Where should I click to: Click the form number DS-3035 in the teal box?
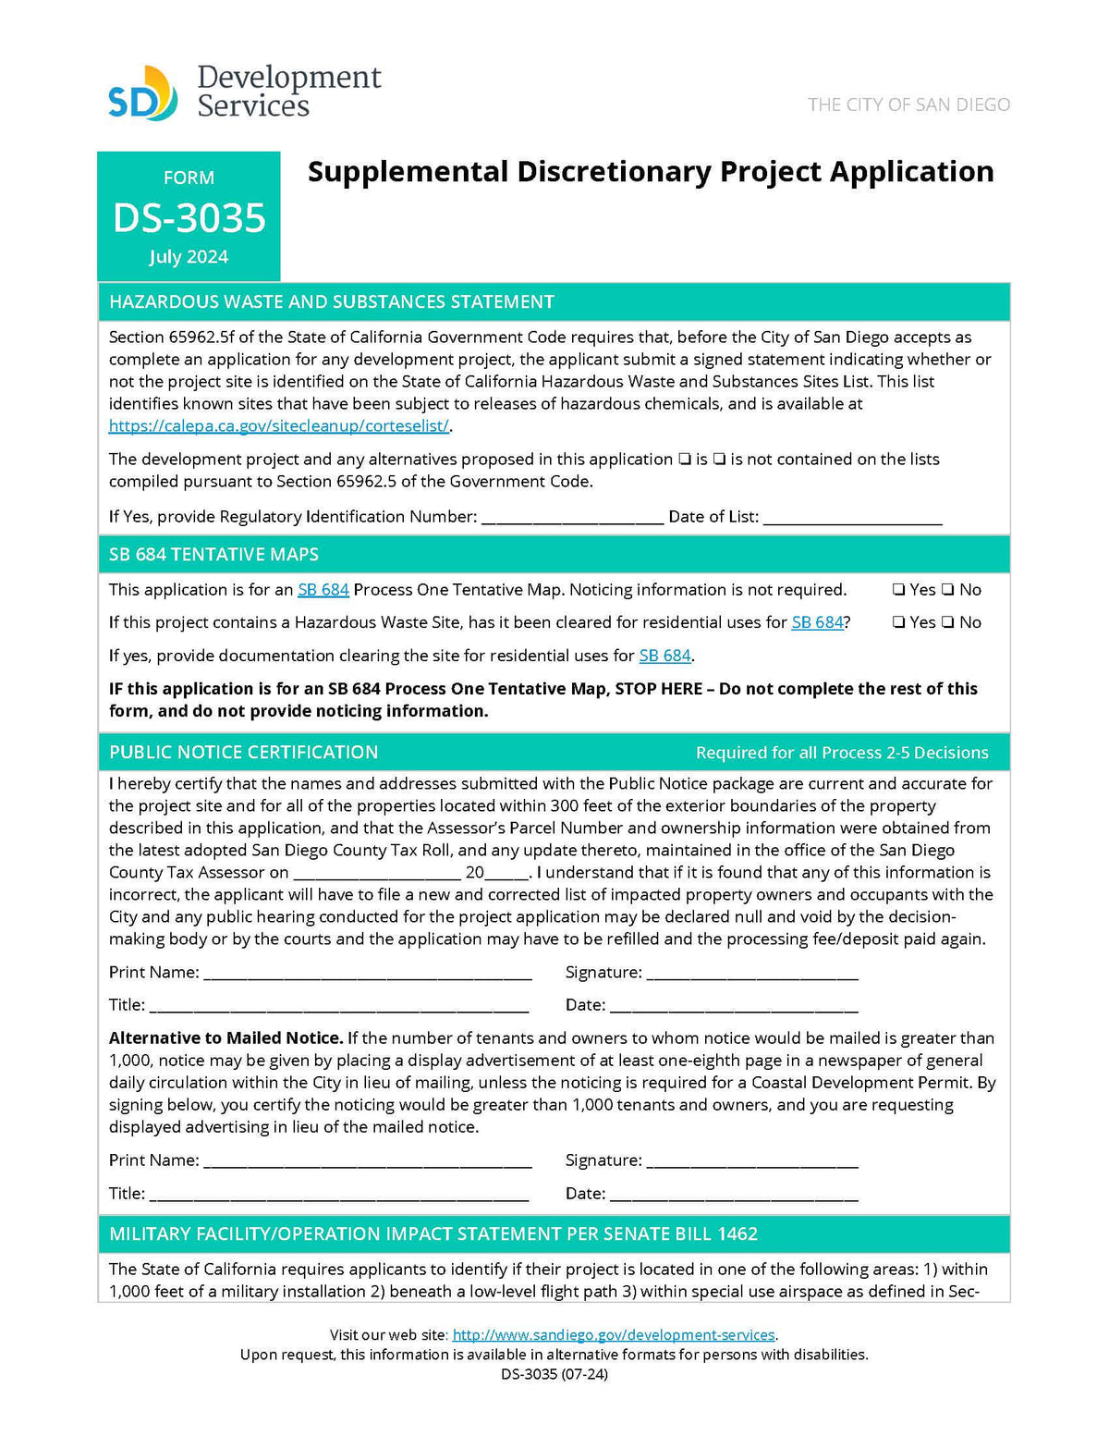(189, 218)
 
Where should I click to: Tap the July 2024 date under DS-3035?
(189, 257)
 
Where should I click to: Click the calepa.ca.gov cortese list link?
(278, 426)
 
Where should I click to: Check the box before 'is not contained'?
(719, 460)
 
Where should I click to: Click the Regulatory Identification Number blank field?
(572, 517)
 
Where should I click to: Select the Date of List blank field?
(852, 517)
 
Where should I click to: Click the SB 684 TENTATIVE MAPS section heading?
(213, 555)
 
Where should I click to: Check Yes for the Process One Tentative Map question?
(898, 590)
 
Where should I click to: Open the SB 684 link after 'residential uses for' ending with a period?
(664, 656)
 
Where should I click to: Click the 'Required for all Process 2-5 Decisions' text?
(841, 753)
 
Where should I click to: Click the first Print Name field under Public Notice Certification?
(367, 973)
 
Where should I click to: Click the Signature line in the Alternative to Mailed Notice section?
(752, 1160)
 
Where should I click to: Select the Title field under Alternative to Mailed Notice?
(339, 1194)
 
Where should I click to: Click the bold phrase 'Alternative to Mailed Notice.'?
(226, 1038)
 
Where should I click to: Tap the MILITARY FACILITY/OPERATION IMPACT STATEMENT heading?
(433, 1234)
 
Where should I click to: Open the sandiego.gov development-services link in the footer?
(614, 1335)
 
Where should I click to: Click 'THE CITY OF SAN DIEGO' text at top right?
(908, 104)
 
